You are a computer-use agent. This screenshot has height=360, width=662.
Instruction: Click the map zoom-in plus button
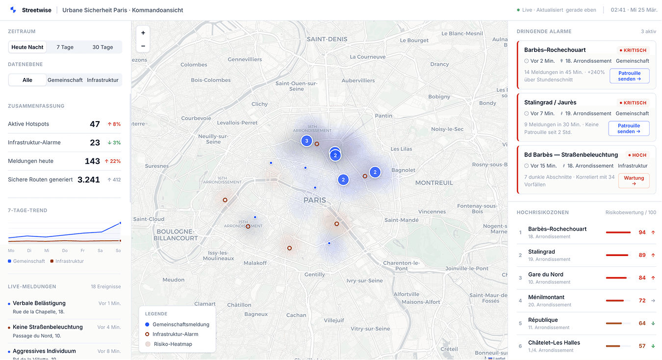143,33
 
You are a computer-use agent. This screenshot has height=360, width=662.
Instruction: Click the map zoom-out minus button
143,46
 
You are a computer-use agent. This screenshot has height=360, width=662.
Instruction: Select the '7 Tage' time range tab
65,47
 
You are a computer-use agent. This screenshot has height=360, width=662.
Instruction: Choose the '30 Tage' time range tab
102,47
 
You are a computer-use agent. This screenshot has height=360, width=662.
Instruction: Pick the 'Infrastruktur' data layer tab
102,80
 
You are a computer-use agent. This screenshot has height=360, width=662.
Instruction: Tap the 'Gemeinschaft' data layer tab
65,80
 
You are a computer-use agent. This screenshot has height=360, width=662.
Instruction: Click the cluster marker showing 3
306,141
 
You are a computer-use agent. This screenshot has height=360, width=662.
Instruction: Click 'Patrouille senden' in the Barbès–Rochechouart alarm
629,76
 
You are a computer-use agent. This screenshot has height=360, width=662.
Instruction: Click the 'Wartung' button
634,180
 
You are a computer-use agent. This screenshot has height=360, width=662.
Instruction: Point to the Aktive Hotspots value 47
95,124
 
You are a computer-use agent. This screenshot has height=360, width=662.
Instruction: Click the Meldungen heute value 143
92,161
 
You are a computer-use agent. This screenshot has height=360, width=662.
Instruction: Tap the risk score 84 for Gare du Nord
642,278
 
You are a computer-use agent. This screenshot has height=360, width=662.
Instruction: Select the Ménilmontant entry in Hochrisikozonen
546,297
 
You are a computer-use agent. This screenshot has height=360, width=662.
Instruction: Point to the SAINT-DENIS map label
327,39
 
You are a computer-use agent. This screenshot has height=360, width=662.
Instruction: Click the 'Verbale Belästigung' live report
39,303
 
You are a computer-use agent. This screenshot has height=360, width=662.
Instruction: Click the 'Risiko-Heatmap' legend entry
173,344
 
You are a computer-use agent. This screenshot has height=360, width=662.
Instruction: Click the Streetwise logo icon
13,10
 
